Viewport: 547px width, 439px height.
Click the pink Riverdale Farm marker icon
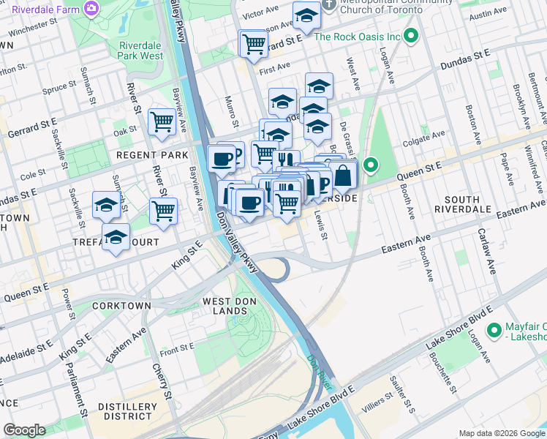pos(91,9)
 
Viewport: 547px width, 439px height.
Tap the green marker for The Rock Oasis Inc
pos(411,36)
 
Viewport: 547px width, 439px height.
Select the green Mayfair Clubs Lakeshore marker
pos(495,330)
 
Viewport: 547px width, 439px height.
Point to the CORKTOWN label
pos(121,305)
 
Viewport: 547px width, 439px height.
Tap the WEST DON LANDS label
pos(225,306)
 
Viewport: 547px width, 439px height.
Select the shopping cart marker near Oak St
pos(162,121)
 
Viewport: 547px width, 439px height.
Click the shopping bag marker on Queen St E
pos(342,176)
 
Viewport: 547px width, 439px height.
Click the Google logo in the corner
pos(24,430)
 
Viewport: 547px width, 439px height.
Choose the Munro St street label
pos(230,108)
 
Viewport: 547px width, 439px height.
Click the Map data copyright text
pos(502,433)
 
